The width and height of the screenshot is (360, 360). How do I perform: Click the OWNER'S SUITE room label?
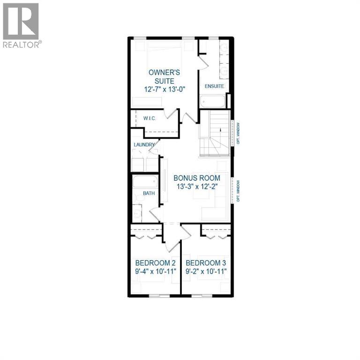point(164,76)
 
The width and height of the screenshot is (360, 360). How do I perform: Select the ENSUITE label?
point(213,86)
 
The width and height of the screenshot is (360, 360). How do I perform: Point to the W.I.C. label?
point(150,118)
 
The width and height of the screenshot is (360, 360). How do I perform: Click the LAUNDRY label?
point(144,145)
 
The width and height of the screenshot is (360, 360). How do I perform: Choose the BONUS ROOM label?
point(197,178)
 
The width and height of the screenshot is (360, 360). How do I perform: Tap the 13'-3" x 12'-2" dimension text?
point(197,187)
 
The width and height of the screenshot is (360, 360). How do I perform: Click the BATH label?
point(149,193)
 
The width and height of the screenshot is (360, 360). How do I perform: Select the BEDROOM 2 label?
point(154,262)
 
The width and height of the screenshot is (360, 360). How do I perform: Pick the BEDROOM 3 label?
point(205,262)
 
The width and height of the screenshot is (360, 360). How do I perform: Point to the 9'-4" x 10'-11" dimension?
point(154,271)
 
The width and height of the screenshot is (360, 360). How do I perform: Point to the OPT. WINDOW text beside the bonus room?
point(238,191)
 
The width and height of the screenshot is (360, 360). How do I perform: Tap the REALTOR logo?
point(21,26)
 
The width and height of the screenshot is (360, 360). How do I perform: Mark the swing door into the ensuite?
point(202,60)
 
